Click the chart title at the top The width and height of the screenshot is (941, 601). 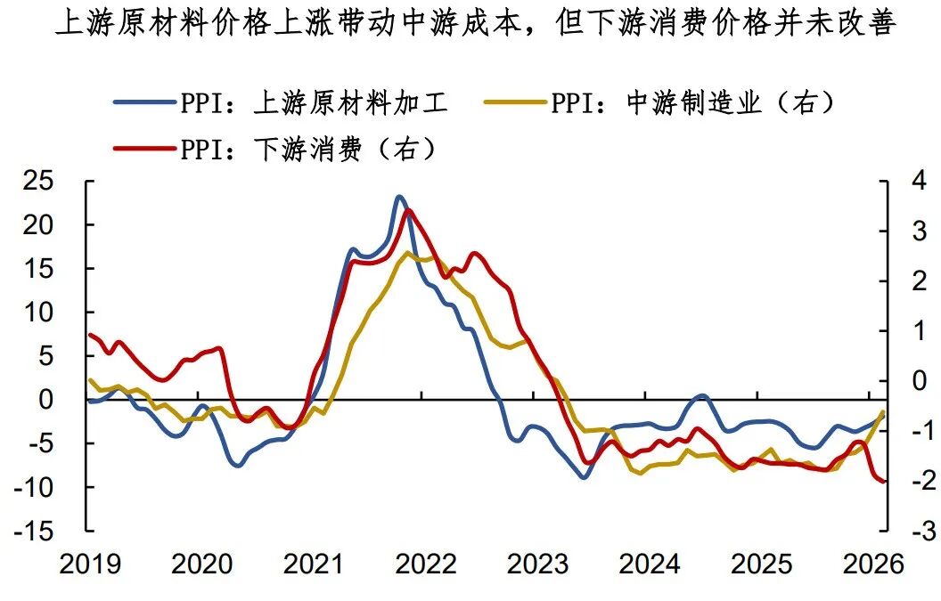click(x=474, y=24)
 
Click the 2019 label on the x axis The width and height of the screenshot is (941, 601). click(x=89, y=564)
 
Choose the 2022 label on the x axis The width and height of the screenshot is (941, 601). click(x=424, y=564)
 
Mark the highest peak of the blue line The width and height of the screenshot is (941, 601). click(x=399, y=197)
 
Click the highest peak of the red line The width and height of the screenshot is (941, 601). click(x=408, y=210)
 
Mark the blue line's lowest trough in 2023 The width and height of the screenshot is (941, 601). click(x=584, y=477)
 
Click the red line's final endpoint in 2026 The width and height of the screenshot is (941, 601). click(x=883, y=482)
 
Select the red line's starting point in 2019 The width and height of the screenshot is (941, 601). click(x=90, y=335)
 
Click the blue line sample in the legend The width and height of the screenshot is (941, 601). click(x=143, y=102)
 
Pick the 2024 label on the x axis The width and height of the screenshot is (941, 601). click(x=649, y=564)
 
